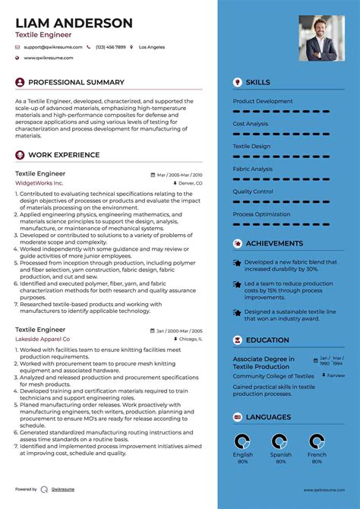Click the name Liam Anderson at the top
pyautogui.click(x=74, y=23)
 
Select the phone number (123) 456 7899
pyautogui.click(x=111, y=47)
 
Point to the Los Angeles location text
pyautogui.click(x=152, y=47)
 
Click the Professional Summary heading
pyautogui.click(x=76, y=82)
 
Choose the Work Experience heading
pyautogui.click(x=64, y=155)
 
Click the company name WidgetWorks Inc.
pyautogui.click(x=39, y=183)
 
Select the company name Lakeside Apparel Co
pyautogui.click(x=43, y=339)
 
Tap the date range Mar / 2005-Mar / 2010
pyautogui.click(x=179, y=174)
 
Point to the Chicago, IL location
pyautogui.click(x=189, y=339)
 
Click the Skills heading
pyautogui.click(x=257, y=82)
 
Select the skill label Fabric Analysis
pyautogui.click(x=253, y=169)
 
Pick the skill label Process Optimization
pyautogui.click(x=261, y=214)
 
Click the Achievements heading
pyautogui.click(x=274, y=244)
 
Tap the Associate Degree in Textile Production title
pyautogui.click(x=264, y=362)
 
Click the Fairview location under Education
pyautogui.click(x=335, y=375)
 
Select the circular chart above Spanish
pyautogui.click(x=280, y=441)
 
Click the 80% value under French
pyautogui.click(x=317, y=461)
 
